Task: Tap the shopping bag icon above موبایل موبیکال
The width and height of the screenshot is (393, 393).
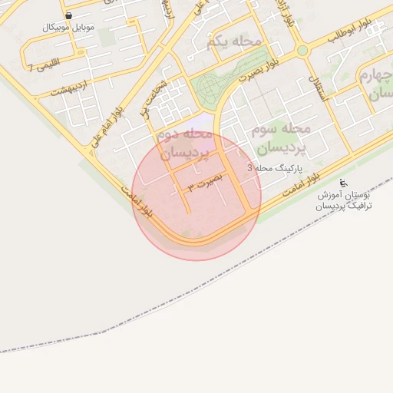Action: pyautogui.click(x=69, y=15)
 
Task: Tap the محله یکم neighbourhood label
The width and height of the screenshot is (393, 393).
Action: pyautogui.click(x=235, y=42)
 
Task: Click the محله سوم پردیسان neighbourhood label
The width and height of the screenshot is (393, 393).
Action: pyautogui.click(x=279, y=138)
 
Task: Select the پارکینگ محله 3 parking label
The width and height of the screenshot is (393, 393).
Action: pyautogui.click(x=275, y=167)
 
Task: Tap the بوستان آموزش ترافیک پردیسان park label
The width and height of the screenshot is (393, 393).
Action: pyautogui.click(x=345, y=202)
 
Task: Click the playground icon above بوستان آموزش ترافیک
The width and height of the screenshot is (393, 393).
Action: pyautogui.click(x=344, y=183)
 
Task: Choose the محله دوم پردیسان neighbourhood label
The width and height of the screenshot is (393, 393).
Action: pyautogui.click(x=183, y=144)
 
